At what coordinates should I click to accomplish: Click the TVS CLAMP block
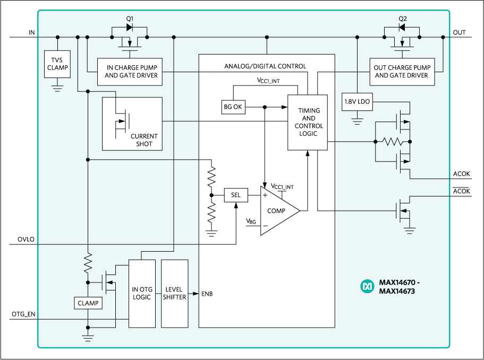57,64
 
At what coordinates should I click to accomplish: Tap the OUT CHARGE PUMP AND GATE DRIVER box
401,72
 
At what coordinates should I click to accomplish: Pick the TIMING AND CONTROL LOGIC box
308,122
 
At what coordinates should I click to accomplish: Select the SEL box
236,195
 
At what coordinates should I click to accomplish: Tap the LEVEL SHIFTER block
174,293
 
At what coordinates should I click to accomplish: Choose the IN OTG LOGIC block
142,293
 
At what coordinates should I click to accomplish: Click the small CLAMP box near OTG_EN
88,303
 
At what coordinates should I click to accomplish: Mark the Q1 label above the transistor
129,19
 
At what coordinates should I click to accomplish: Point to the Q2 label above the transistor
402,19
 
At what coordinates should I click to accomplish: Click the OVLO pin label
26,239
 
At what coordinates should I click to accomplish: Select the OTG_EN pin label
24,314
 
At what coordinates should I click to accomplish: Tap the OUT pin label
459,32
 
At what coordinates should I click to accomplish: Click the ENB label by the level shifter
208,294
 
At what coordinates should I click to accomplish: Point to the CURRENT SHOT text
144,140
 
